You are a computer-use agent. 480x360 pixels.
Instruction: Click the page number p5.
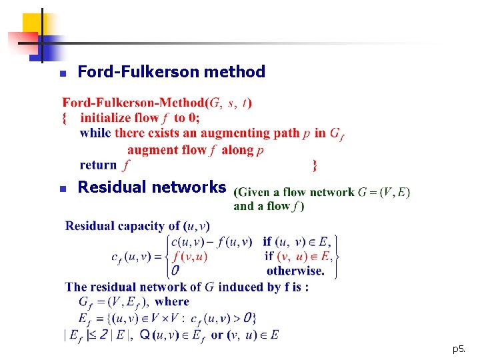(458, 349)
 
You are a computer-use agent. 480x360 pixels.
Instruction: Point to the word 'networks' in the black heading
(194, 187)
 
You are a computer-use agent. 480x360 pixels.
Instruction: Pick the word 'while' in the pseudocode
(95, 133)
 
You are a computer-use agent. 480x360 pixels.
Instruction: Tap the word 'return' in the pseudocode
(98, 165)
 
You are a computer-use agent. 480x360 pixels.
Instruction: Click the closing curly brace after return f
(315, 165)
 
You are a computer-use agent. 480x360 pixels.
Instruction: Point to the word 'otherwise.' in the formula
(295, 271)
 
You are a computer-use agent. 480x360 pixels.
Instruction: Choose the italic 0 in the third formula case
(175, 271)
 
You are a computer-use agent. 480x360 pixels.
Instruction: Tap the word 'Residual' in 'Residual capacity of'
(90, 226)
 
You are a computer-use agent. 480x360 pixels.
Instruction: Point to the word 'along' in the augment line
(237, 150)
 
